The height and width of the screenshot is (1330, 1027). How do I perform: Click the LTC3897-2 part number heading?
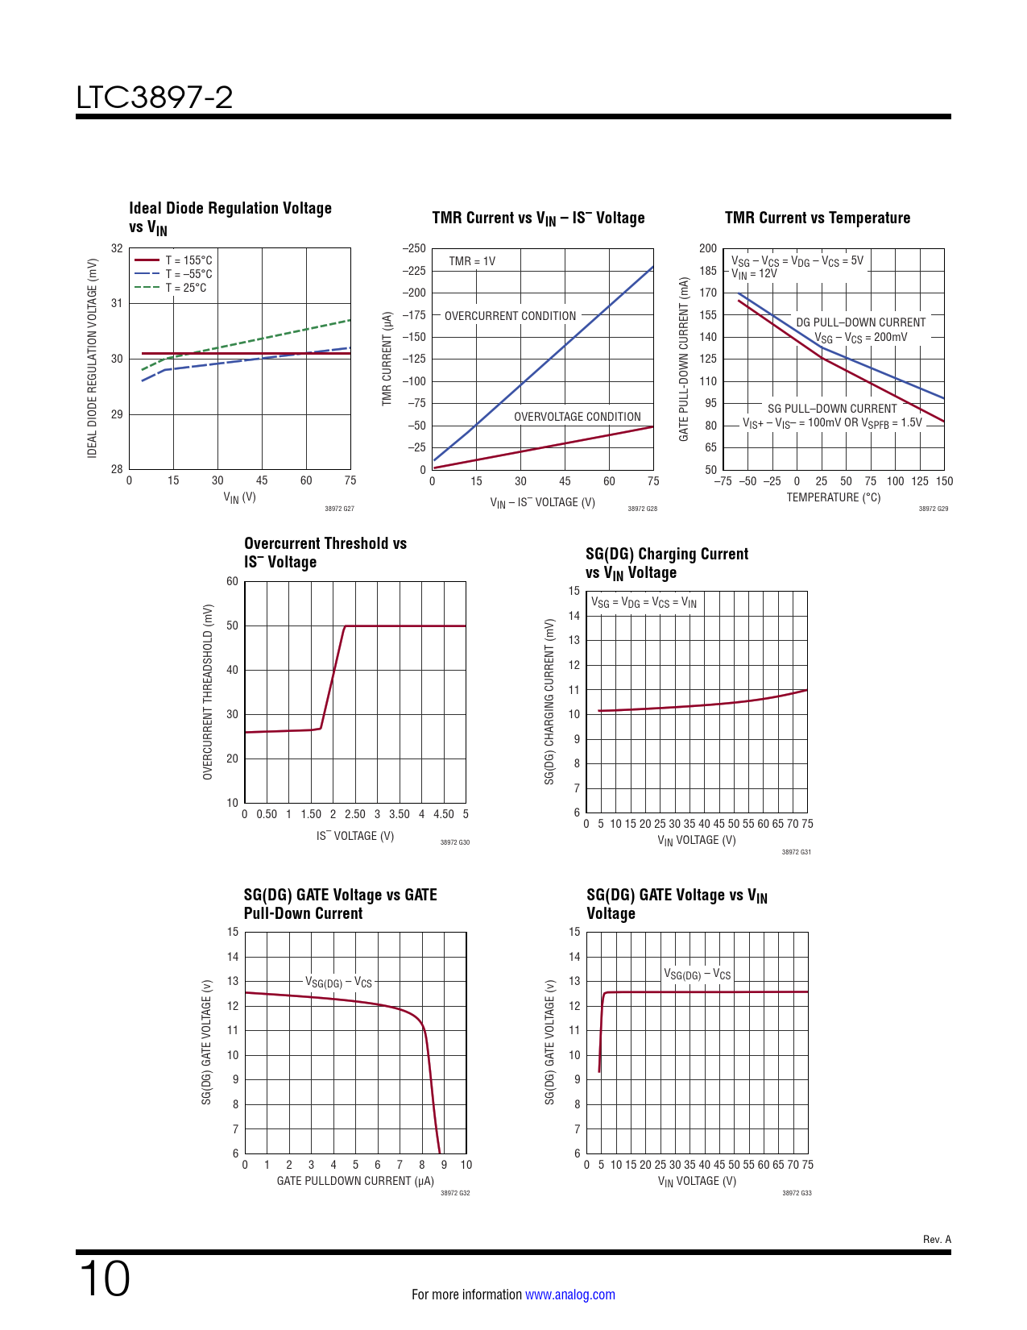[x=155, y=98]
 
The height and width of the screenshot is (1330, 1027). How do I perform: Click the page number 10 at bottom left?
[x=105, y=1278]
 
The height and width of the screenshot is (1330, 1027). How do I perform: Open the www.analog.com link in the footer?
[x=569, y=1295]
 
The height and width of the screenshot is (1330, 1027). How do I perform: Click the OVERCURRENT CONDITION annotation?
[x=510, y=316]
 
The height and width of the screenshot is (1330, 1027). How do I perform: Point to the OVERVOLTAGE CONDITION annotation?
[x=578, y=417]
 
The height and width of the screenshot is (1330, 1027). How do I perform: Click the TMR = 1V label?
[x=472, y=261]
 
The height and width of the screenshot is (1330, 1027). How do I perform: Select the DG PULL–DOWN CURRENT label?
[x=861, y=322]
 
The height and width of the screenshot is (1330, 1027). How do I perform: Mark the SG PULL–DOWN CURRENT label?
[x=832, y=409]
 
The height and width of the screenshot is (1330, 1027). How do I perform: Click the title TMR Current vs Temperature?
[x=818, y=218]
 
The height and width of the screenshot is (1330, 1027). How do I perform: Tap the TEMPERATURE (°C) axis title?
[x=834, y=497]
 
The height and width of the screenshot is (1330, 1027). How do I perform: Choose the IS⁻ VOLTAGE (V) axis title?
[x=355, y=836]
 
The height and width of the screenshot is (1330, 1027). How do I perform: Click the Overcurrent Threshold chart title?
[x=325, y=553]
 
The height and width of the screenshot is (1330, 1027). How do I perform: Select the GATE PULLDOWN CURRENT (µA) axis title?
[x=355, y=1181]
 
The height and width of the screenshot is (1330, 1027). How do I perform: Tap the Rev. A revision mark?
[x=937, y=1239]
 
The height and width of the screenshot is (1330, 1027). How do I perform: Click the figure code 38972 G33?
[x=797, y=1193]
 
